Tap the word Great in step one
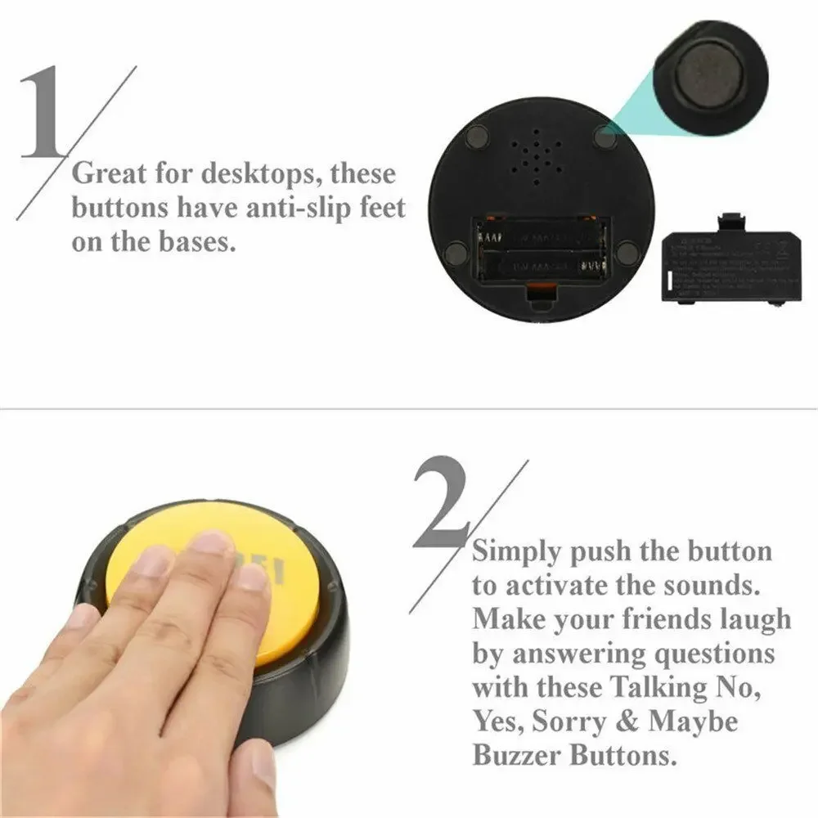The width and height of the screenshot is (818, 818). click(x=110, y=173)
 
